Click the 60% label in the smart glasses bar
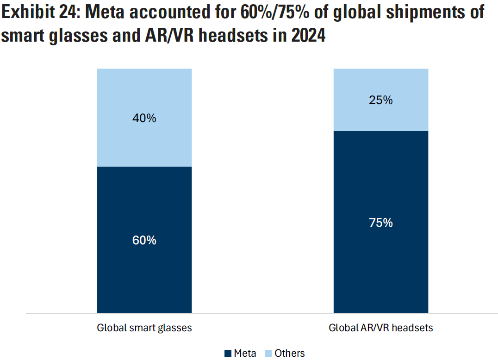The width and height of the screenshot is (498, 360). pyautogui.click(x=144, y=241)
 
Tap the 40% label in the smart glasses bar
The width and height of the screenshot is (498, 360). pyautogui.click(x=144, y=118)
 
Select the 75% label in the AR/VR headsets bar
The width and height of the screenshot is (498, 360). pyautogui.click(x=381, y=223)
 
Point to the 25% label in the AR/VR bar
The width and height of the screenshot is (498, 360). pyautogui.click(x=381, y=100)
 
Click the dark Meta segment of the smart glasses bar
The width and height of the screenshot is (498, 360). pyautogui.click(x=144, y=278)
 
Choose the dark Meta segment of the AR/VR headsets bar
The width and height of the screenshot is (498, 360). pyautogui.click(x=381, y=268)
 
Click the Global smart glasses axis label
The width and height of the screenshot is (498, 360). pyautogui.click(x=144, y=328)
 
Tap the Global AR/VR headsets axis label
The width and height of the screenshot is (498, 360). pyautogui.click(x=381, y=328)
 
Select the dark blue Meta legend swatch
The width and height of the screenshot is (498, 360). pyautogui.click(x=228, y=354)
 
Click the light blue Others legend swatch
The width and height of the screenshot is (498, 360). pyautogui.click(x=268, y=354)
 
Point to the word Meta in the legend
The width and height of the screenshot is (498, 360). pyautogui.click(x=245, y=354)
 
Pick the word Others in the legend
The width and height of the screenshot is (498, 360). pyautogui.click(x=290, y=354)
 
